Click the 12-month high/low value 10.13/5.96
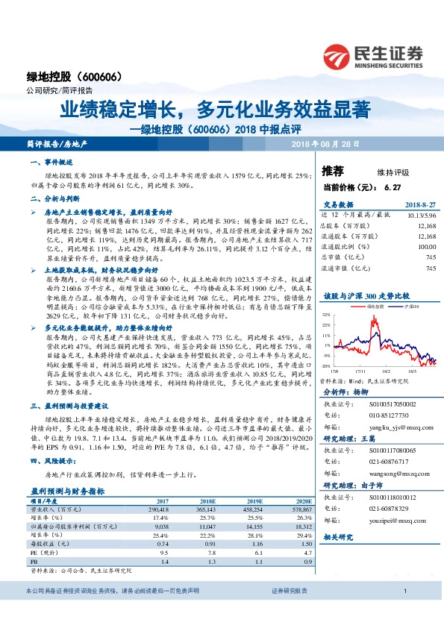[420, 214]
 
